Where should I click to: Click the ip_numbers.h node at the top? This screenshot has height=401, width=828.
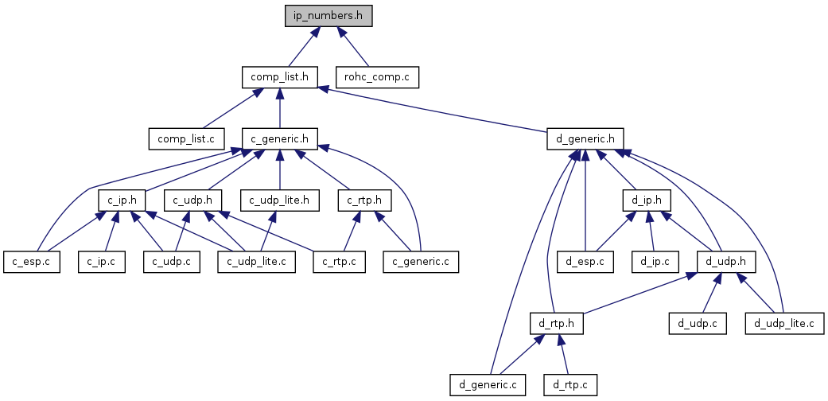(328, 16)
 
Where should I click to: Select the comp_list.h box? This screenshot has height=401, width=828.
(279, 77)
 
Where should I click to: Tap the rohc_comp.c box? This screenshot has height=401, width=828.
(378, 77)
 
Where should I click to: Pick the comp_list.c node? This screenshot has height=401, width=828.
(187, 138)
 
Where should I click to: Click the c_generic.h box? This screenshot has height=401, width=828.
(279, 138)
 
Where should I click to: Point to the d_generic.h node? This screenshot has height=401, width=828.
(585, 138)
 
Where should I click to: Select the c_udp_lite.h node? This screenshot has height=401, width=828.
(279, 200)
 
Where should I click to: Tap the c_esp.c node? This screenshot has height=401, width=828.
(32, 261)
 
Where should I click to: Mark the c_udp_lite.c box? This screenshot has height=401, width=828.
(257, 261)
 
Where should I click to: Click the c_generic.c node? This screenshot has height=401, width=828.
(422, 261)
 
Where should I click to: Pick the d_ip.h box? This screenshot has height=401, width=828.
(647, 200)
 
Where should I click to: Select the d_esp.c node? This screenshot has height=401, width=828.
(585, 261)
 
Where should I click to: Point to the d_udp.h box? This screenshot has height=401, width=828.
(725, 261)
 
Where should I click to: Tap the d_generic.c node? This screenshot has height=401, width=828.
(488, 384)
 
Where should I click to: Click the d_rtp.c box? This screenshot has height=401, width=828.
(569, 384)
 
